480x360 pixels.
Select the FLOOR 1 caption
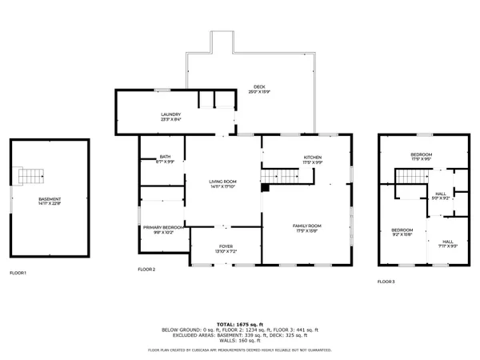pos(18,274)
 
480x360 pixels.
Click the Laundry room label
pos(170,117)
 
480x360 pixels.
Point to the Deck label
pos(260,90)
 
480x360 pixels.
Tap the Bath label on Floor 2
pos(165,159)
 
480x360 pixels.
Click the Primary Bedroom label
pos(163,230)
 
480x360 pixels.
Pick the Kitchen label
pos(312,159)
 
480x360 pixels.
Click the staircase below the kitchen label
pos(281,174)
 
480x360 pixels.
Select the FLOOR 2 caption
pos(146,270)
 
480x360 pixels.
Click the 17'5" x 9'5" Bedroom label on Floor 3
pos(422,157)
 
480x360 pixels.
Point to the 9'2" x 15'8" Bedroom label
pos(402,232)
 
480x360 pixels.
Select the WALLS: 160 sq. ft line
pos(240,339)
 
